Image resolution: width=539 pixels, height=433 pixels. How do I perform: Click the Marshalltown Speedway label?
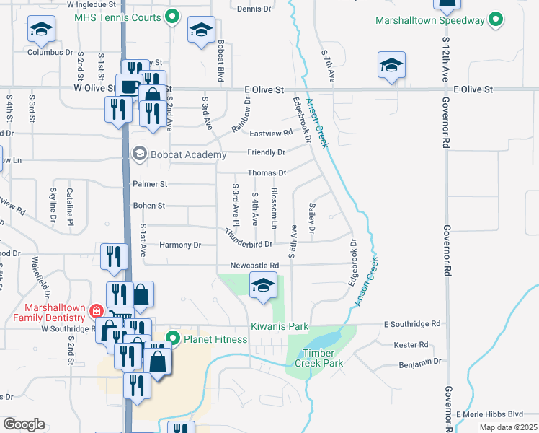pyautogui.click(x=430, y=20)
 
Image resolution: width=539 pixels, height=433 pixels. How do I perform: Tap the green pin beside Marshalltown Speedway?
pyautogui.click(x=495, y=19)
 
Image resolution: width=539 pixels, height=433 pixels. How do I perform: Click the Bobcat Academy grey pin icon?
pyautogui.click(x=139, y=153)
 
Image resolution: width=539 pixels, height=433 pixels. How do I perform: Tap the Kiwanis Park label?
pyautogui.click(x=280, y=327)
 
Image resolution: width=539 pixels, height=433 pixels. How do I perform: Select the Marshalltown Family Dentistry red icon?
pyautogui.click(x=96, y=311)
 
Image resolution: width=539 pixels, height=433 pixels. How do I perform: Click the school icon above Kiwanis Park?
pyautogui.click(x=263, y=286)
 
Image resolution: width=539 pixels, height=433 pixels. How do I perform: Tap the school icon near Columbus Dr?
pyautogui.click(x=41, y=31)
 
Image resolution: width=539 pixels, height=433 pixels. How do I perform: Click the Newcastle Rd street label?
pyautogui.click(x=254, y=265)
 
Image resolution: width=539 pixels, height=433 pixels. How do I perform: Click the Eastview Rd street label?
pyautogui.click(x=271, y=133)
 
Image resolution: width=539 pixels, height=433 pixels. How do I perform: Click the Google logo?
pyautogui.click(x=24, y=424)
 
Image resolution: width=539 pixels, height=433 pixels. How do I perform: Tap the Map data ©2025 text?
pyautogui.click(x=508, y=427)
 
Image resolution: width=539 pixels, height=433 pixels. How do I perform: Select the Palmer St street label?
pyautogui.click(x=150, y=185)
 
